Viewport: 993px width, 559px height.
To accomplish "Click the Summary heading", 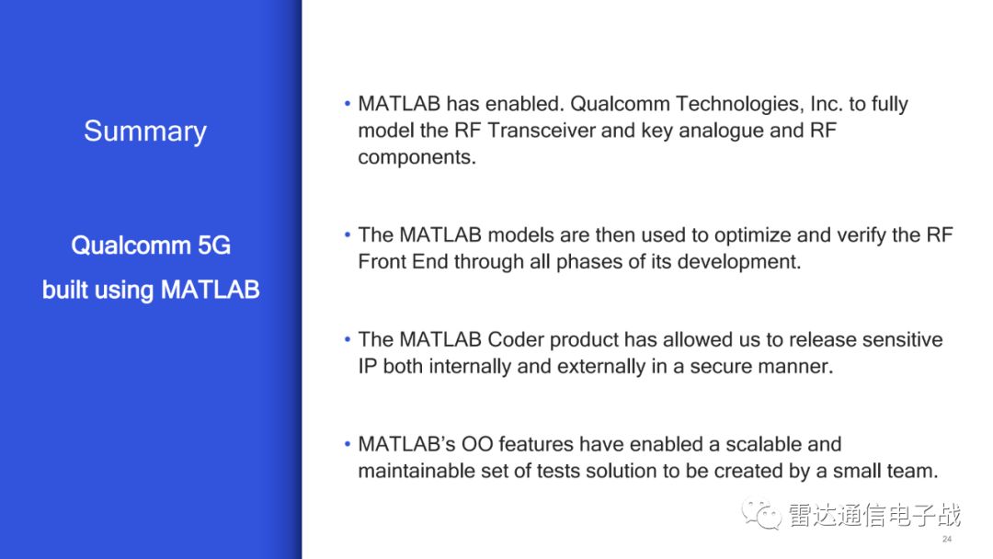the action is (145, 131).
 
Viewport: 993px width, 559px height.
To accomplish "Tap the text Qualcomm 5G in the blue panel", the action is (151, 245).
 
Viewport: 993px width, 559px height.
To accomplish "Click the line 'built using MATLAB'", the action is (151, 290).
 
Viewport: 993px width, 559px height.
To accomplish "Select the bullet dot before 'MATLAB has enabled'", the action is (347, 103).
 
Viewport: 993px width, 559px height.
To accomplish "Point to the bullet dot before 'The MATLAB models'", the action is (347, 234).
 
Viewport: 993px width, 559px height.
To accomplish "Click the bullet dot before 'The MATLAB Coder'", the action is (347, 339).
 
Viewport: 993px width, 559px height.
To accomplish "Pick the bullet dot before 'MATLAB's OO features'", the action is (347, 444).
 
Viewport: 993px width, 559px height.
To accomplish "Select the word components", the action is (417, 157).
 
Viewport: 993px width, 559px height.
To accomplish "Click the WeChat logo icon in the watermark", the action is (762, 514).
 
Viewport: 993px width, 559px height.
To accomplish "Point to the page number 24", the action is (947, 540).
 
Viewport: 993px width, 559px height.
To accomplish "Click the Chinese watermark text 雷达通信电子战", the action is (874, 515).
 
